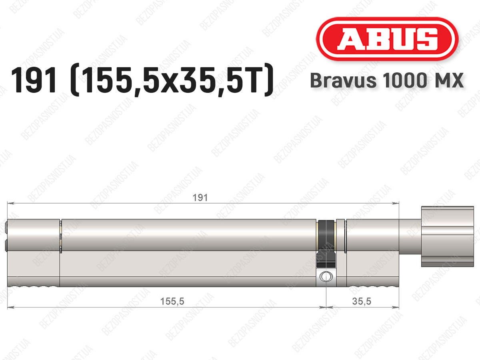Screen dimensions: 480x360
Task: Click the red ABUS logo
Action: (x=387, y=39)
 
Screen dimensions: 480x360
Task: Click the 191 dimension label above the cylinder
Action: (x=200, y=198)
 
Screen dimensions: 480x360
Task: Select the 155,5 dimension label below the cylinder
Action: (x=172, y=302)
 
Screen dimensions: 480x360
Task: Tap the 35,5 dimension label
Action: (x=362, y=302)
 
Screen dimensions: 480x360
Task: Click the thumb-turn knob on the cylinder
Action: (x=448, y=236)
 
